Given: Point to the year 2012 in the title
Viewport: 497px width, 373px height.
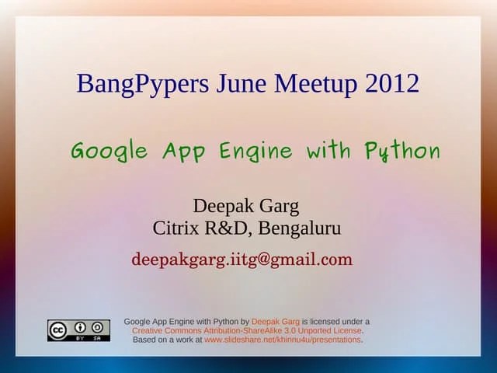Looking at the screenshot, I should (391, 83).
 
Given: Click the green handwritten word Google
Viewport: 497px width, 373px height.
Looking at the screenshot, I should (109, 151).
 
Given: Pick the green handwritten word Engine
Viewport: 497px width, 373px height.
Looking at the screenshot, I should (255, 151).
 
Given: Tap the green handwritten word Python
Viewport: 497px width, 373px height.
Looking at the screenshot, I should (401, 151).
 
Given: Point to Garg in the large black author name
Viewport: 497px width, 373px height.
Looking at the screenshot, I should (278, 207).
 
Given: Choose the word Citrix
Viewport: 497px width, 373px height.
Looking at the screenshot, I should (178, 229).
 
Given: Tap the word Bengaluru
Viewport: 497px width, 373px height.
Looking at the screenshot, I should (300, 230).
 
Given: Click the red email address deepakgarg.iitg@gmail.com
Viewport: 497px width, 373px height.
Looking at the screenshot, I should (242, 260).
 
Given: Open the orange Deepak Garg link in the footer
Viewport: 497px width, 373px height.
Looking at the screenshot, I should (275, 321).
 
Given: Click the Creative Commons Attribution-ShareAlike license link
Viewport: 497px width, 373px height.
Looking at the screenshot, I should (246, 330).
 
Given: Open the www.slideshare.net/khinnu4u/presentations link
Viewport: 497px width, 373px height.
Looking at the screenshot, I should (283, 340).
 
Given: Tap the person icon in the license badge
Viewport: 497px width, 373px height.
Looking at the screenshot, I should (80, 327).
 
